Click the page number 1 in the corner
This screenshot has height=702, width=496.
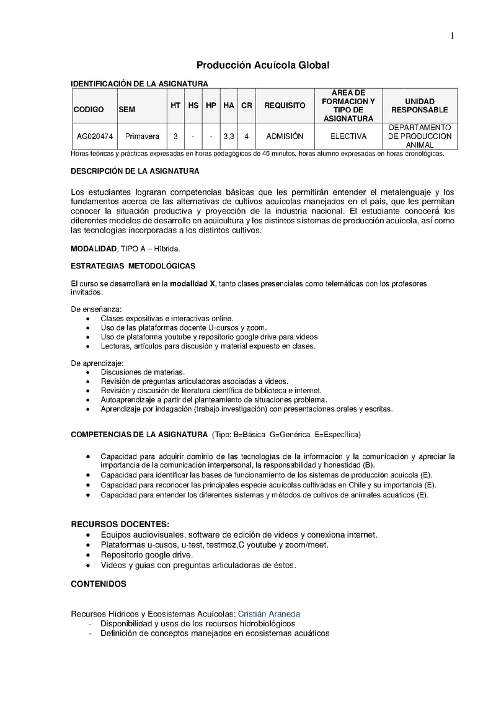[x=453, y=36]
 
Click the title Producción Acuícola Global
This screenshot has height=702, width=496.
[x=263, y=65]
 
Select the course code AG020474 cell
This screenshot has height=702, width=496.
[x=95, y=136]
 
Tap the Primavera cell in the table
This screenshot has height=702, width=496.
[x=142, y=136]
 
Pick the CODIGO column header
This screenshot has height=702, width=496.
[x=89, y=109]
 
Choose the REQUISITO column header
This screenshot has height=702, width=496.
[x=285, y=105]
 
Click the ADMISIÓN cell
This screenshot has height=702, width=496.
[x=285, y=136]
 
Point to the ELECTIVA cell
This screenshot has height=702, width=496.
[x=348, y=136]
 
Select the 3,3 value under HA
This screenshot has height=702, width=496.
[x=228, y=136]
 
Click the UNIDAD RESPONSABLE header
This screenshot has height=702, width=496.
[x=419, y=105]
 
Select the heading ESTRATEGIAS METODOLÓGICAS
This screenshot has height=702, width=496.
[x=133, y=266]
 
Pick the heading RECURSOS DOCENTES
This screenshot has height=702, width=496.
[x=120, y=523]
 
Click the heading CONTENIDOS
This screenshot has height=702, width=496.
[x=99, y=584]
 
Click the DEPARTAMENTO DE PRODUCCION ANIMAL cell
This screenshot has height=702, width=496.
[x=419, y=136]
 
